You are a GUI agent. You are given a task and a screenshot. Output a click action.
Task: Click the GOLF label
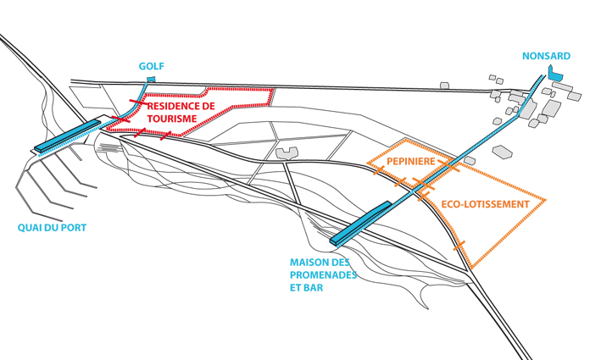[152, 66]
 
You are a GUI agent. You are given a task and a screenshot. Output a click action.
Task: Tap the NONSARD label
[546, 57]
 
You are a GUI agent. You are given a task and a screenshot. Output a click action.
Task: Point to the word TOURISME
[172, 119]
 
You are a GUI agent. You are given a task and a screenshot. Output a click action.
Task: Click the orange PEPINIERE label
[411, 161]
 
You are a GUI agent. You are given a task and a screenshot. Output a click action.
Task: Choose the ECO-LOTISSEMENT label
[486, 205]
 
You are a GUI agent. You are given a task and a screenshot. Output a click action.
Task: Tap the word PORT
[73, 228]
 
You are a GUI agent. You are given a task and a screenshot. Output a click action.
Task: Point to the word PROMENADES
[324, 275]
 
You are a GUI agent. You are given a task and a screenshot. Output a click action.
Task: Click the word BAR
[317, 288]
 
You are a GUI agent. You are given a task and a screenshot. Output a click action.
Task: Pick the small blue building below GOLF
[151, 80]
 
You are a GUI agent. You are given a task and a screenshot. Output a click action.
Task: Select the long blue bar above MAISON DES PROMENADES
[360, 223]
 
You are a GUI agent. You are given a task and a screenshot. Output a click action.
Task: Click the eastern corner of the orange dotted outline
[545, 201]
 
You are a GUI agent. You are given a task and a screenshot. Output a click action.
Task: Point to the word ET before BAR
[296, 288]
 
